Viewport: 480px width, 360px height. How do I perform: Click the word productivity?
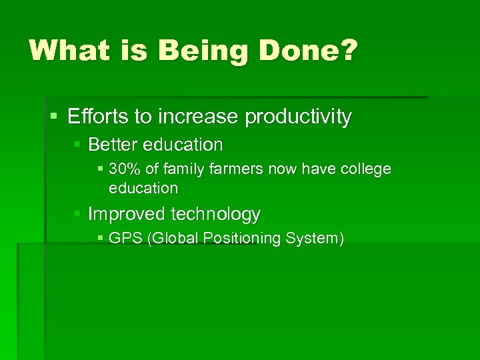(x=298, y=117)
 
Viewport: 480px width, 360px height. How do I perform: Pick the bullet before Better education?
(x=78, y=145)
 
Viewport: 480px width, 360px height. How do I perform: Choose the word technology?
(x=215, y=214)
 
